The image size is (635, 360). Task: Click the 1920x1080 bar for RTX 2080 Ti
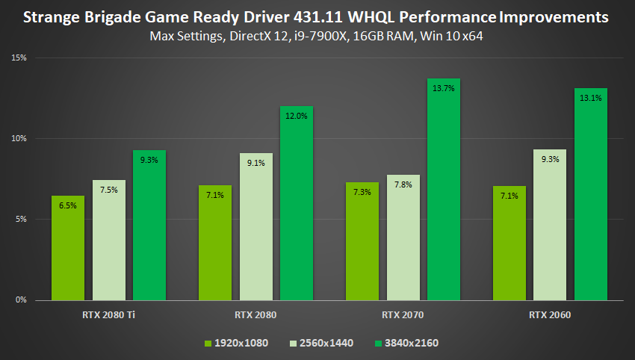coord(67,248)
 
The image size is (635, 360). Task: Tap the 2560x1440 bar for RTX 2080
coord(255,226)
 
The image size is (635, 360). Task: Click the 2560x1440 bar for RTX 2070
coord(403,238)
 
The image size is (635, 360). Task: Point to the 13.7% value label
coord(444,88)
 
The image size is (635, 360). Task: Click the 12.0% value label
coord(297,116)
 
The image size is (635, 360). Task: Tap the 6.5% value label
coord(67,205)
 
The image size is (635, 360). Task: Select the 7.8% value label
coord(403,184)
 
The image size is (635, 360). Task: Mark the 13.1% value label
coord(591,98)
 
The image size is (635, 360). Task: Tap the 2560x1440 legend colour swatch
coord(293,343)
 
